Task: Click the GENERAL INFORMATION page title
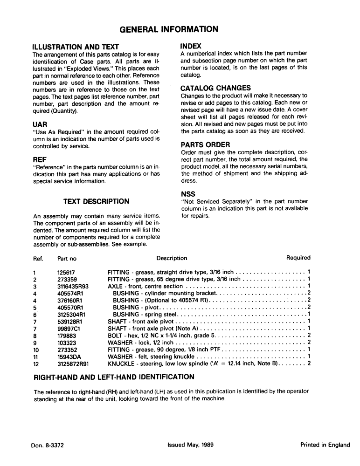point(168,29)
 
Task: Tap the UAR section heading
point(40,125)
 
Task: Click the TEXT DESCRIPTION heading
point(96,201)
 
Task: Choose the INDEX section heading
point(191,46)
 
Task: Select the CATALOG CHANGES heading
point(215,88)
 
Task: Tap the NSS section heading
point(188,194)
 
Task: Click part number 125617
point(66,272)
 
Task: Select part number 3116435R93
point(73,286)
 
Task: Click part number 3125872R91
point(73,363)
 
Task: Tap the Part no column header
point(67,258)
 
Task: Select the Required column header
point(298,258)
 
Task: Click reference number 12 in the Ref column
point(36,363)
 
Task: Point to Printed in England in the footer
point(325,445)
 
